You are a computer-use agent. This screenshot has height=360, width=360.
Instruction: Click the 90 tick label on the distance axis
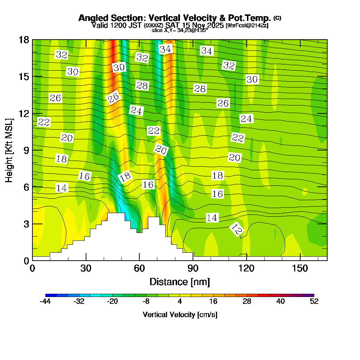[193, 268]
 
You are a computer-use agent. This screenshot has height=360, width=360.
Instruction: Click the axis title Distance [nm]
[180, 281]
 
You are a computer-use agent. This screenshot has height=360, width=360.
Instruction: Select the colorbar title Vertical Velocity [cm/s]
[180, 315]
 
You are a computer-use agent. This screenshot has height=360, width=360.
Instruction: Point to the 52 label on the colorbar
[314, 302]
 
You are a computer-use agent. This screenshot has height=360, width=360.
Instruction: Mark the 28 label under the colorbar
[247, 302]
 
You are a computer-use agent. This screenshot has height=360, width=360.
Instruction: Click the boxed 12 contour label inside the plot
[237, 230]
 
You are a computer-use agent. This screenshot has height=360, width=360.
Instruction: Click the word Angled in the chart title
[91, 18]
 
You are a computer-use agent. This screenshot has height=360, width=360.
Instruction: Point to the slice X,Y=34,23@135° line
[180, 31]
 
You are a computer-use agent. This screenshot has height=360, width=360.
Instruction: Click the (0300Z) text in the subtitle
[153, 26]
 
